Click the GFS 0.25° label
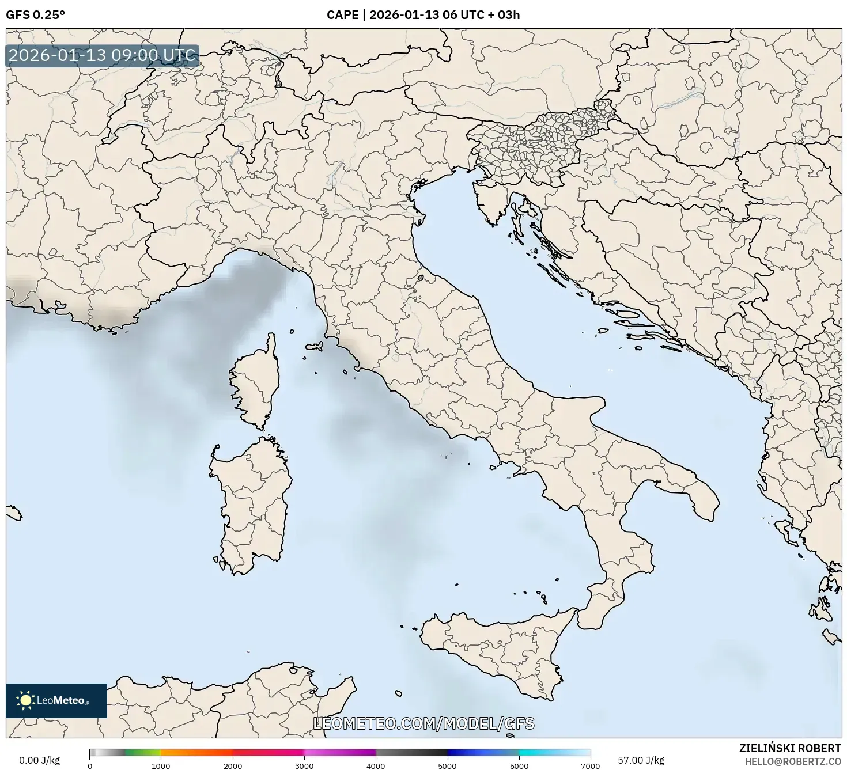(x=35, y=15)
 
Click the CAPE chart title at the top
(x=423, y=15)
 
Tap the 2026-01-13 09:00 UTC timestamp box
(x=103, y=56)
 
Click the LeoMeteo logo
(x=56, y=700)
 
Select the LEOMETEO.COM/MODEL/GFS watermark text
(x=423, y=724)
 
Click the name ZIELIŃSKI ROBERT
(x=789, y=748)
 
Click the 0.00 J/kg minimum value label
(x=39, y=760)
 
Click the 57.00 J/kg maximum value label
(x=641, y=760)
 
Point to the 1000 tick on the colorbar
(x=161, y=765)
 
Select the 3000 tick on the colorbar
(x=304, y=765)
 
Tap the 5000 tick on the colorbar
(x=448, y=765)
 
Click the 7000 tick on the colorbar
(x=591, y=765)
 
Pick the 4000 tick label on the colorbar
(x=376, y=765)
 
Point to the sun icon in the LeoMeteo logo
(x=25, y=700)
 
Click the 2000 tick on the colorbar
(x=233, y=765)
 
